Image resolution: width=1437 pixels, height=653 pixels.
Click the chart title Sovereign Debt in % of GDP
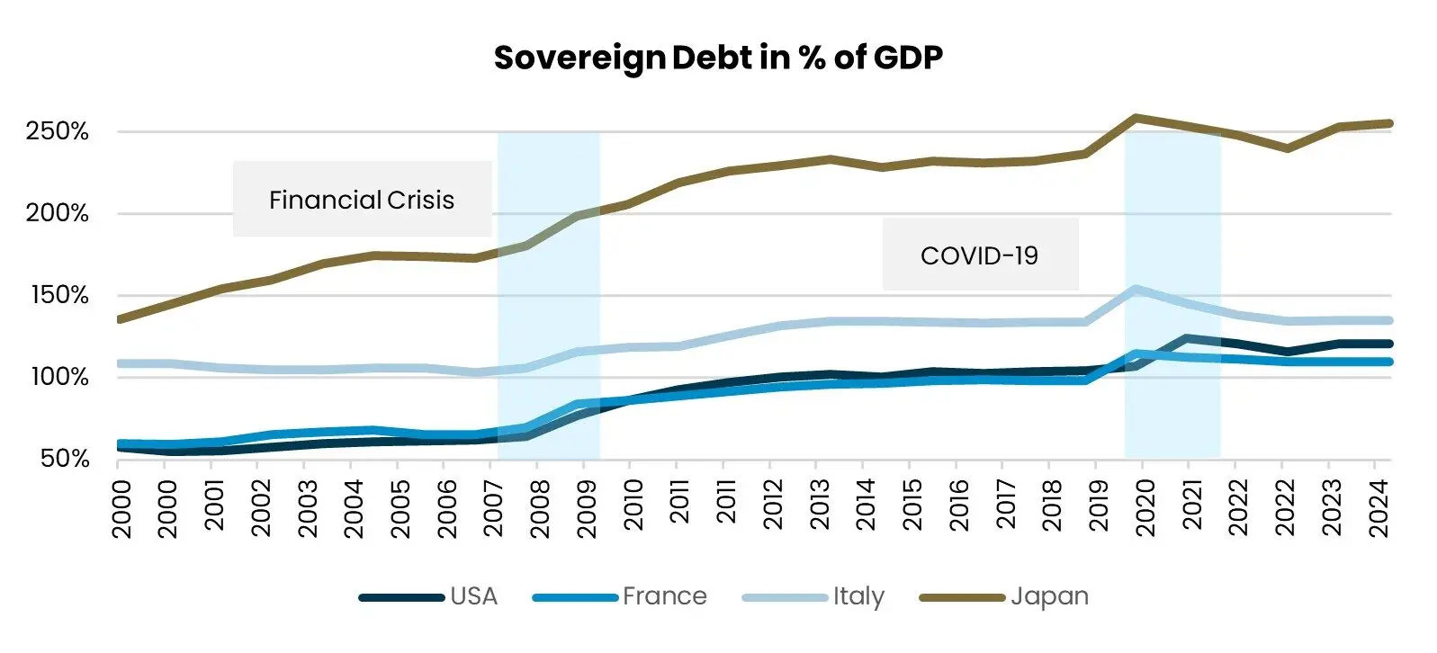tap(718, 58)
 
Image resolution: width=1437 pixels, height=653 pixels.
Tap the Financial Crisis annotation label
tap(362, 200)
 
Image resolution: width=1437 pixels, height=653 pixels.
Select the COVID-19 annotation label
tap(979, 256)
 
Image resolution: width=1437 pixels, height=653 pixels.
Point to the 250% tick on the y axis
tap(58, 132)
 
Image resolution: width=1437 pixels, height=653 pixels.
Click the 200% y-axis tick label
tap(58, 214)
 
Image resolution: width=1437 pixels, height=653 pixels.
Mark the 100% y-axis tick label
tap(59, 377)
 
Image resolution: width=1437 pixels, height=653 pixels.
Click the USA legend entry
tap(473, 597)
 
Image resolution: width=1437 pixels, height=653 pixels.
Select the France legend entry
tap(664, 597)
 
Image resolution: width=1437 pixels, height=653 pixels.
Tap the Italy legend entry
tap(858, 597)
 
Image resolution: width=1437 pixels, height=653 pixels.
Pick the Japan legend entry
tap(1049, 597)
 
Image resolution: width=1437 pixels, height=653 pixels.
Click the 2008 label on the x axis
tap(539, 508)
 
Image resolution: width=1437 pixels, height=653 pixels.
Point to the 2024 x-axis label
tap(1378, 508)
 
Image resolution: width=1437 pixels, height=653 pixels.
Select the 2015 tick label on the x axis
tap(912, 508)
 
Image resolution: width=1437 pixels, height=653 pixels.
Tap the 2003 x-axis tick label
tap(307, 508)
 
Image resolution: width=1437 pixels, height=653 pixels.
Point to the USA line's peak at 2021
tap(1189, 339)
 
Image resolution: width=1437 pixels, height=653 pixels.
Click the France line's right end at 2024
tap(1389, 362)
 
